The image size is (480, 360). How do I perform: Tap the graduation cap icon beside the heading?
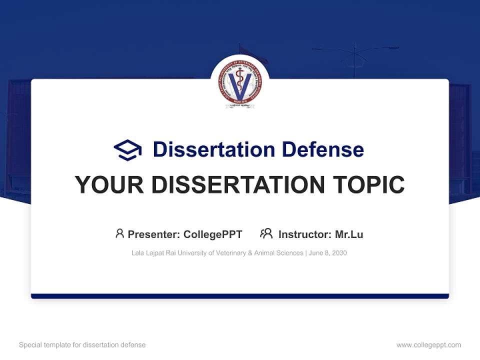pyautogui.click(x=127, y=150)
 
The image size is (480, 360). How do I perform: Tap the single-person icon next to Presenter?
pyautogui.click(x=119, y=233)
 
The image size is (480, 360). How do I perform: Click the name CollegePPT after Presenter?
pyautogui.click(x=213, y=234)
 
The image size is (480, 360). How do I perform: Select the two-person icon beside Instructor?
pyautogui.click(x=266, y=233)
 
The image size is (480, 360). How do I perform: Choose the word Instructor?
pyautogui.click(x=304, y=234)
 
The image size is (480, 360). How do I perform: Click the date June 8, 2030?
pyautogui.click(x=328, y=253)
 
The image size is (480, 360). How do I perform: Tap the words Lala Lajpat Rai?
pyautogui.click(x=150, y=253)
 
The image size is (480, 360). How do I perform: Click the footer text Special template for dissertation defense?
pyautogui.click(x=82, y=345)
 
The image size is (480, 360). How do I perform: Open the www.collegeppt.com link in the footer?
pyautogui.click(x=428, y=345)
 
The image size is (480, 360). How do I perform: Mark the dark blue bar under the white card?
pyautogui.click(x=240, y=296)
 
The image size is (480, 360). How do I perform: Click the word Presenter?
pyautogui.click(x=154, y=234)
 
